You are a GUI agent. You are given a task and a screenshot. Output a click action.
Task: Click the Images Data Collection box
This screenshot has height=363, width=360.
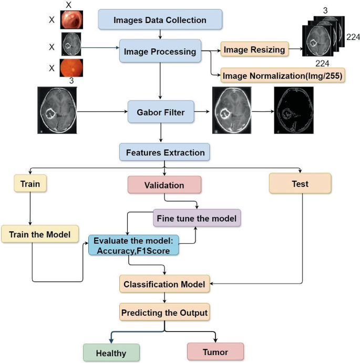click(160, 20)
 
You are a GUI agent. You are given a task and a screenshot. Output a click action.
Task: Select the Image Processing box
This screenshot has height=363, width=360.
click(160, 51)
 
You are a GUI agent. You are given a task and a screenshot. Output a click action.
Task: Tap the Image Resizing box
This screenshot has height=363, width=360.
click(254, 50)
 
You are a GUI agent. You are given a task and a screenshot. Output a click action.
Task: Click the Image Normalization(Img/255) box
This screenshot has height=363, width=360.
click(283, 76)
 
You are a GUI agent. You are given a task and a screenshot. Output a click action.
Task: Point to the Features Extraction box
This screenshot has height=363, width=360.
click(165, 153)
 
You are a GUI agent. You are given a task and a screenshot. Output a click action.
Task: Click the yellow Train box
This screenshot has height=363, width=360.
click(30, 185)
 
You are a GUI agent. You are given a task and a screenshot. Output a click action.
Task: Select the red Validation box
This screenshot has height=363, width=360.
click(164, 185)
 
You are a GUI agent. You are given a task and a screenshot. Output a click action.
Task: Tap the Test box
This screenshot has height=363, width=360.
click(300, 184)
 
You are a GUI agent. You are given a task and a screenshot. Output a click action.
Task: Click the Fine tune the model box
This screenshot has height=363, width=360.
click(197, 217)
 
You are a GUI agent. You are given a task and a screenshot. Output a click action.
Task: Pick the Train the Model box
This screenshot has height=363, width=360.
click(33, 234)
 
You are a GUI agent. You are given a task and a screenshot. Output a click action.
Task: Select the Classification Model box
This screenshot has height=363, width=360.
click(164, 284)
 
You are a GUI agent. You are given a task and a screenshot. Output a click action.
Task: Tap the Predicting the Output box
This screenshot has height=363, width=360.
click(164, 313)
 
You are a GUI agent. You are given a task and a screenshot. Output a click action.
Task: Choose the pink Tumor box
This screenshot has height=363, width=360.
click(215, 351)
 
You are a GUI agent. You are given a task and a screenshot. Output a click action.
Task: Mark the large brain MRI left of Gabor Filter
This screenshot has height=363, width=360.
click(57, 112)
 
